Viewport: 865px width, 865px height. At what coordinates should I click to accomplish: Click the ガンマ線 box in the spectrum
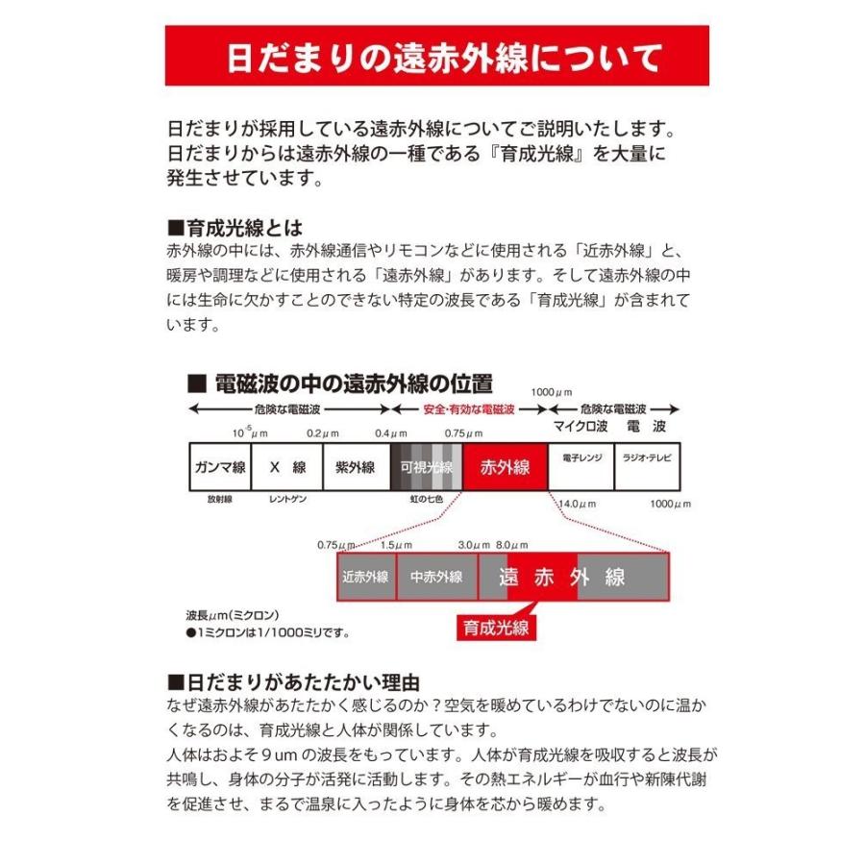click(219, 467)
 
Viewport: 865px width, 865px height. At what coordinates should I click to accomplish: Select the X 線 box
click(286, 467)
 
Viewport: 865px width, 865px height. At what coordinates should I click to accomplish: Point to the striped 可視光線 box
click(426, 467)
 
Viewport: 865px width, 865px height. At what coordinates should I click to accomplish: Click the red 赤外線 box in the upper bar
click(504, 467)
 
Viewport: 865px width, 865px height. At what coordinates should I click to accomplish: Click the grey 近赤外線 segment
click(365, 577)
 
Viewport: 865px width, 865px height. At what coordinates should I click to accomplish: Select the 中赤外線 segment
click(436, 577)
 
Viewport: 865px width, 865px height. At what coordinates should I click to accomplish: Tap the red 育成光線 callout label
click(495, 628)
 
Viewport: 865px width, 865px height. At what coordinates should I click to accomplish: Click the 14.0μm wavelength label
click(577, 504)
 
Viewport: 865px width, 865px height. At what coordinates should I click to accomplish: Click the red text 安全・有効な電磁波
click(469, 408)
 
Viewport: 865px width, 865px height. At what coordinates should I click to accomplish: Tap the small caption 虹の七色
click(426, 501)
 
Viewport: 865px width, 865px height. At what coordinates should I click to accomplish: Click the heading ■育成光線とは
click(235, 229)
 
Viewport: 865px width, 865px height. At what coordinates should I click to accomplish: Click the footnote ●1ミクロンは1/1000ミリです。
click(266, 633)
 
